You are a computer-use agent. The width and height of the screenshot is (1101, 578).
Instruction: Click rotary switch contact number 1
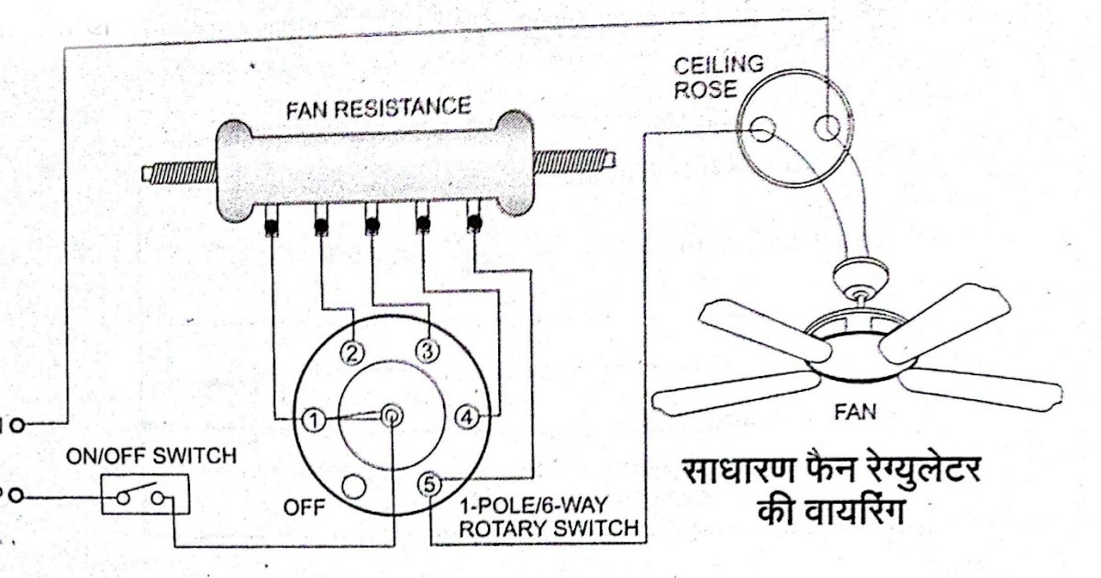click(313, 420)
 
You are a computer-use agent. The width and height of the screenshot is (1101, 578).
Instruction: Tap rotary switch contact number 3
click(426, 349)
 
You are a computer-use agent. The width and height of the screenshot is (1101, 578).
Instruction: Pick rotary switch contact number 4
click(467, 417)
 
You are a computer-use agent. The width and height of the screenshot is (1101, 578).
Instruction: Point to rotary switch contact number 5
click(427, 484)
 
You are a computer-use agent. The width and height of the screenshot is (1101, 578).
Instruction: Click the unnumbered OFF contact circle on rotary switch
click(350, 484)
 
